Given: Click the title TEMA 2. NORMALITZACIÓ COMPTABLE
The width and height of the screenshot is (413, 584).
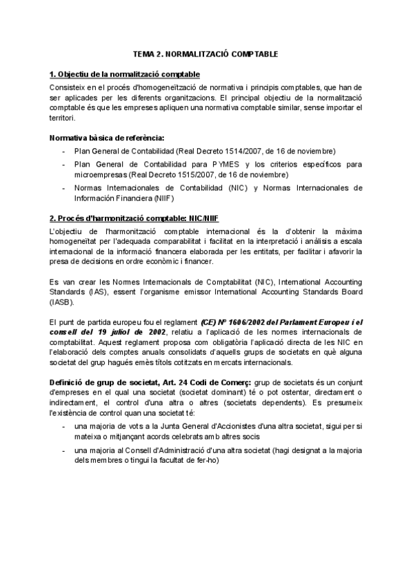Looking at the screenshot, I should [x=206, y=54].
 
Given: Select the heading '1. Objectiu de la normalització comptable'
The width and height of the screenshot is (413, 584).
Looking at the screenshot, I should [x=125, y=74].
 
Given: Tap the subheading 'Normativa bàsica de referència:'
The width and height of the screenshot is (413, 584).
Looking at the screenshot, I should [x=107, y=138].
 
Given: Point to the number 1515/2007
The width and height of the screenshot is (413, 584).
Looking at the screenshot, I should [x=191, y=174].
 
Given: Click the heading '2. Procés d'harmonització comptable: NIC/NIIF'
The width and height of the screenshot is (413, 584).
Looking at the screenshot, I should [x=134, y=217].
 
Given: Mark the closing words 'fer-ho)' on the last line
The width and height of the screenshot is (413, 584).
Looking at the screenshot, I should [x=206, y=460].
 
